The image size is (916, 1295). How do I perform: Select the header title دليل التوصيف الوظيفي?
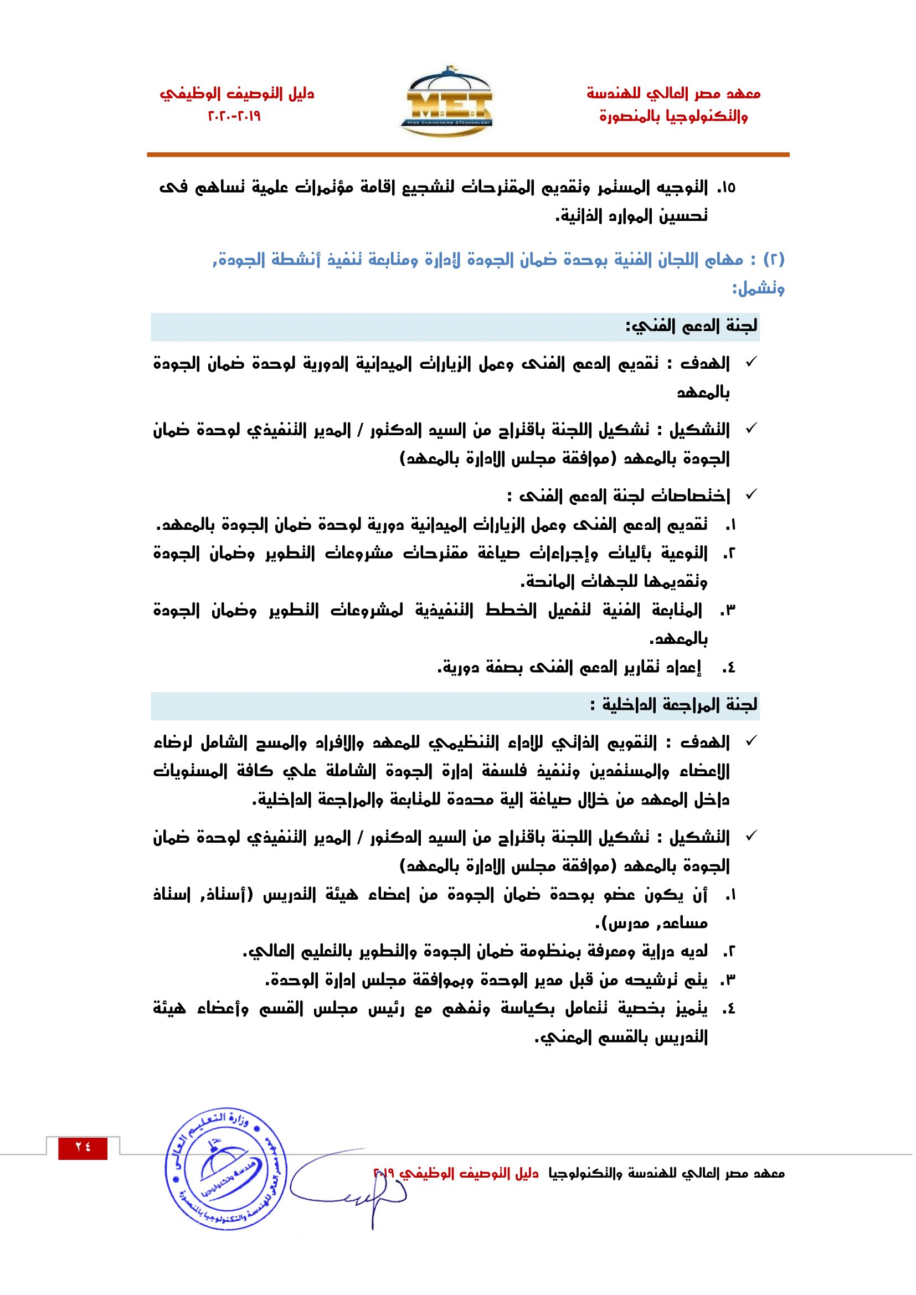point(236,93)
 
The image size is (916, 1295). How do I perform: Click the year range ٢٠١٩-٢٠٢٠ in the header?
point(235,116)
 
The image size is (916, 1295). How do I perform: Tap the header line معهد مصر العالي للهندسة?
point(673,93)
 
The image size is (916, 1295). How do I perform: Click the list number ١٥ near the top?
point(727,188)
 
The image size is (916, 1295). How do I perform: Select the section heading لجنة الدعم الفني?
point(691,327)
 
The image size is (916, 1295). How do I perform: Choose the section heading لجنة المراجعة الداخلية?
point(673,705)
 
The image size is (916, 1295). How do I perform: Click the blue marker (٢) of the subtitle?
point(773,260)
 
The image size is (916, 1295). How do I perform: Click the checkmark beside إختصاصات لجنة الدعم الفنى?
point(751,494)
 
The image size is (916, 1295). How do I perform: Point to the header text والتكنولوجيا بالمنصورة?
point(673,117)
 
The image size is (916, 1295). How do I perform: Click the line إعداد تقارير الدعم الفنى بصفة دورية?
point(570,668)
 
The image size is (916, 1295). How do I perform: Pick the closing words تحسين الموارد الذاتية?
point(632,216)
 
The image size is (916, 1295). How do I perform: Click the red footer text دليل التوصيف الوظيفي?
point(468,1174)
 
